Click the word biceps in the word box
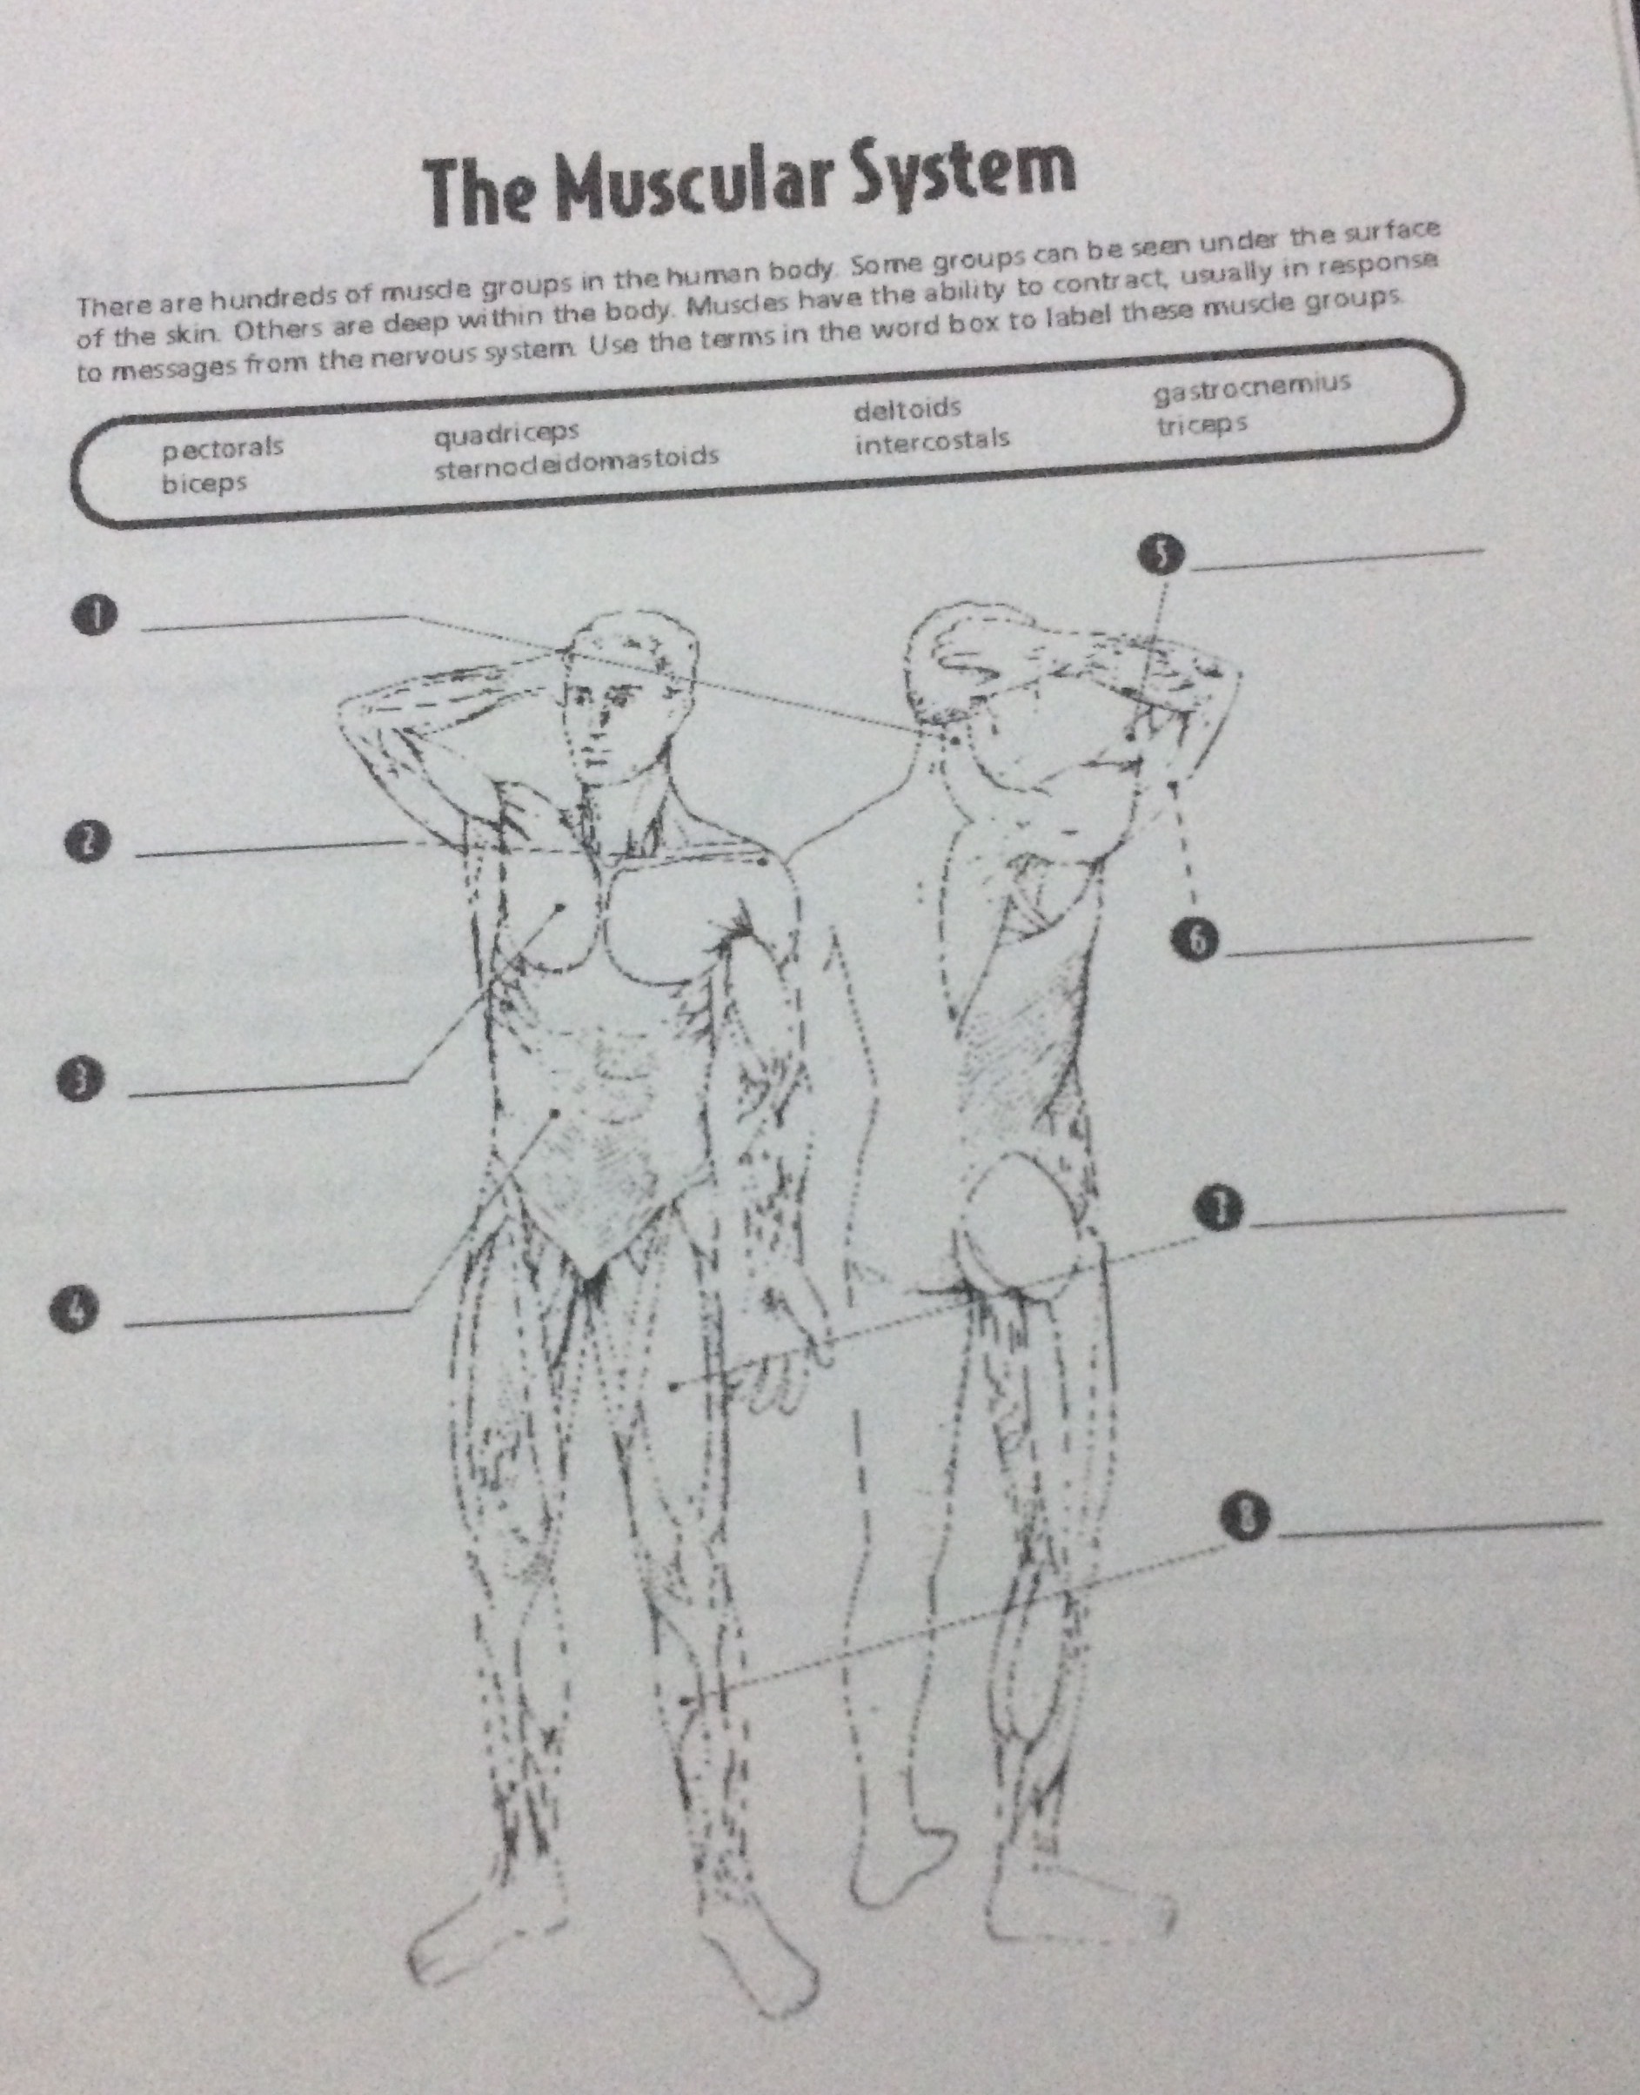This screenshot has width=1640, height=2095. click(204, 482)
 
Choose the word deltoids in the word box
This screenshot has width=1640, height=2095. click(907, 409)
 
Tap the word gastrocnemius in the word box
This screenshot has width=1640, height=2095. click(1252, 387)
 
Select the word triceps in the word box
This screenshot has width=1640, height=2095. click(1202, 424)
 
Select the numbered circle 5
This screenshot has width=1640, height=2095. click(1161, 555)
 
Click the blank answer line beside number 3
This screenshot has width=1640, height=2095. click(268, 1087)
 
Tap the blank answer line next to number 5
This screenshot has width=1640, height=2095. click(1336, 559)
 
